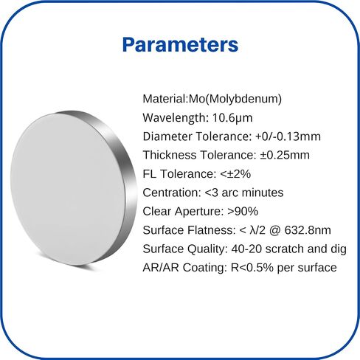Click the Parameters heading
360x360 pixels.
[x=180, y=44]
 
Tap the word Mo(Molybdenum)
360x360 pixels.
[x=235, y=99]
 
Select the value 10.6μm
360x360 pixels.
[x=232, y=117]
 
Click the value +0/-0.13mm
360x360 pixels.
[x=288, y=136]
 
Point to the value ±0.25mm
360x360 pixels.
[x=285, y=155]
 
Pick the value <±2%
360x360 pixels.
[x=235, y=174]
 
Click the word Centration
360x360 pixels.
[x=172, y=193]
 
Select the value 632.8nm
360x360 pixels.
[x=308, y=230]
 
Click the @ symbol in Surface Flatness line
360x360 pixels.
[x=275, y=230]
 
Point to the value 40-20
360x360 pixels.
[x=246, y=249]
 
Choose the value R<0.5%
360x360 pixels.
[x=252, y=268]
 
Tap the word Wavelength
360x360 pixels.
[x=174, y=117]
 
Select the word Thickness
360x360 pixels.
[x=170, y=155]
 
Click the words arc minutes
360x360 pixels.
[x=252, y=193]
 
